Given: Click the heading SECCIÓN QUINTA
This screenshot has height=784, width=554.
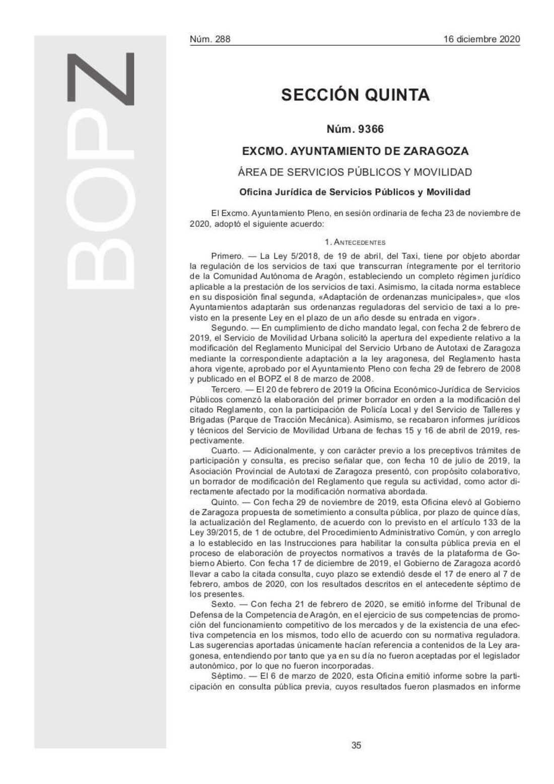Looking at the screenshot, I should [x=355, y=95].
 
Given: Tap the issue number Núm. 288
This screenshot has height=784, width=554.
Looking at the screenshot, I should [x=210, y=39].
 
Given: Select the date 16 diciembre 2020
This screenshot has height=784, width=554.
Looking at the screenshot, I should [x=481, y=39].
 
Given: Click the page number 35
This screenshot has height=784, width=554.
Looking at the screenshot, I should [x=356, y=745].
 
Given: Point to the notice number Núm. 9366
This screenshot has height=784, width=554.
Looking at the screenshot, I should [x=355, y=129].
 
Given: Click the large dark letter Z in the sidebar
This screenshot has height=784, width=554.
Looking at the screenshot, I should [x=101, y=79].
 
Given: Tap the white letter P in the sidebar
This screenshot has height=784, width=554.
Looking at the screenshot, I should [x=101, y=144].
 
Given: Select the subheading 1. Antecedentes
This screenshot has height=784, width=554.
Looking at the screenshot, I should [x=355, y=242].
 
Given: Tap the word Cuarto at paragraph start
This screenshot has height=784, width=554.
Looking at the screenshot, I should [x=225, y=451].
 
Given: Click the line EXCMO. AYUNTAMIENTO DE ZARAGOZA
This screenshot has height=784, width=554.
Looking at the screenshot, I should [x=355, y=151].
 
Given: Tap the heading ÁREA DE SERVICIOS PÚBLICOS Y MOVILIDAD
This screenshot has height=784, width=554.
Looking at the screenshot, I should [x=355, y=172].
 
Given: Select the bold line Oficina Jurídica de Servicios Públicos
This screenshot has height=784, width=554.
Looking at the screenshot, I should [x=355, y=192].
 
